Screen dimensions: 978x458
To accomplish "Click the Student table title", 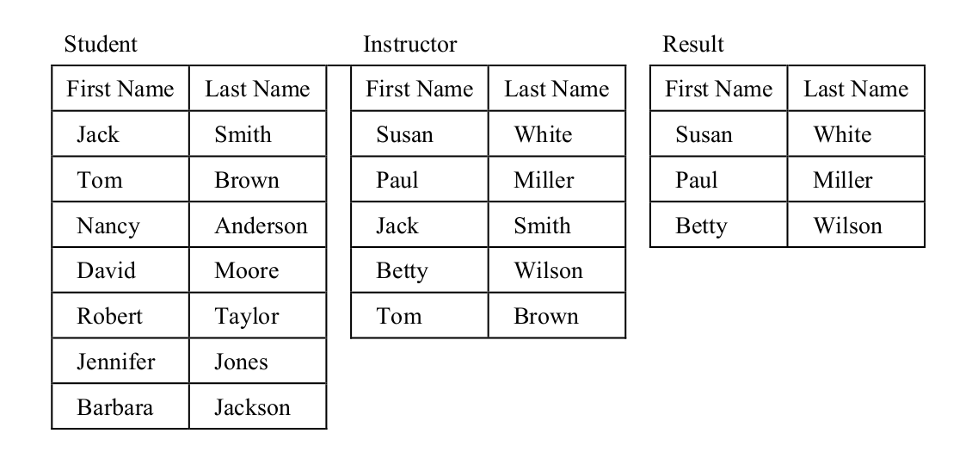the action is tap(101, 44).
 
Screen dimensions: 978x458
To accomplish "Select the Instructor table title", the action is tap(409, 44).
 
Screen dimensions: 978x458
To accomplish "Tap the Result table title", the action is tap(693, 44).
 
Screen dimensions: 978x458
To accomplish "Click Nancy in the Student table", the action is tap(108, 226).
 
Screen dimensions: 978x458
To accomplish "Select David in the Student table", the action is tap(106, 270).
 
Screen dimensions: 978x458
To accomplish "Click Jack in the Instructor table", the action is tap(397, 226).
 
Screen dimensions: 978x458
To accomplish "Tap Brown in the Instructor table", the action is tap(545, 316).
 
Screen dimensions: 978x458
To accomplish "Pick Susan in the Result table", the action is tap(704, 134).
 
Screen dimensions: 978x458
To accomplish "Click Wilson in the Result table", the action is tap(847, 226).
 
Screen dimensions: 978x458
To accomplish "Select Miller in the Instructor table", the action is tap(544, 180).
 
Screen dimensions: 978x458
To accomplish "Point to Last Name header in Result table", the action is tap(856, 89).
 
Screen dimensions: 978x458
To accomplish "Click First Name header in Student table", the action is tap(120, 89).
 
